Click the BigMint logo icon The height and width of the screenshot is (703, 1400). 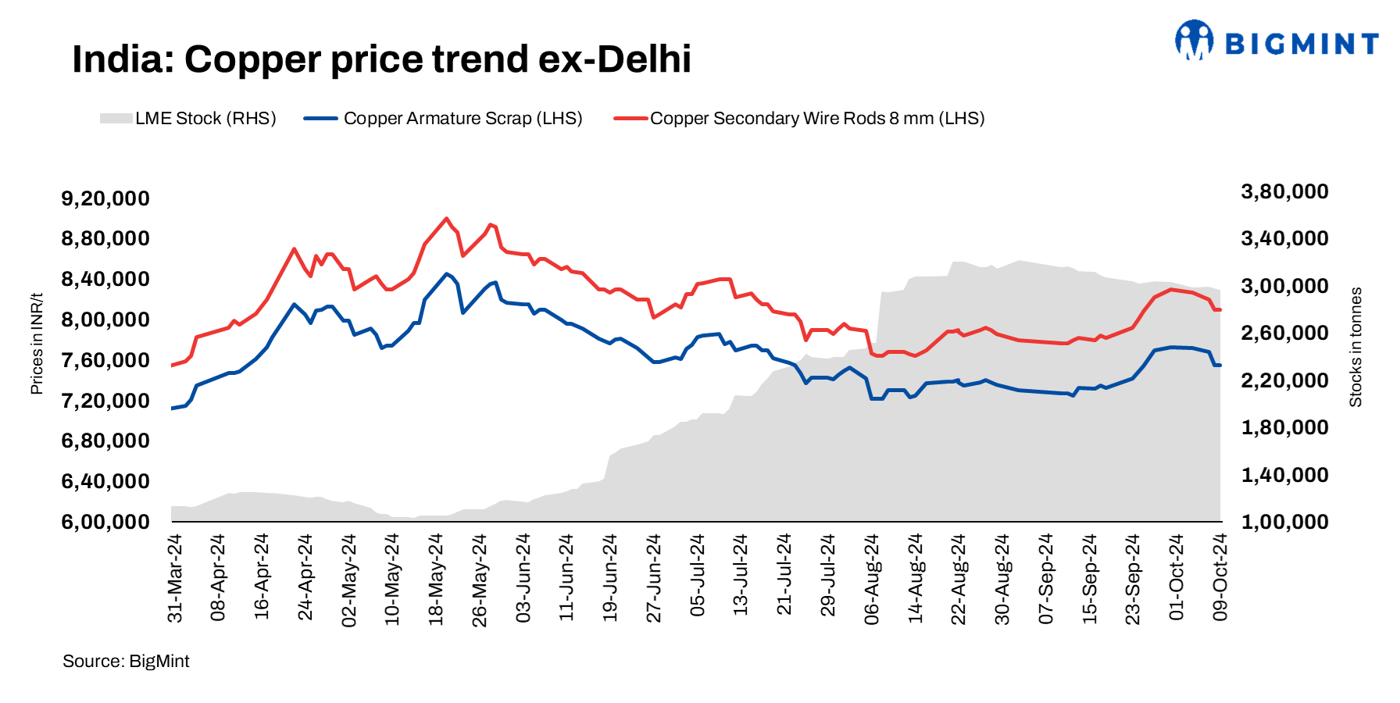pos(1194,41)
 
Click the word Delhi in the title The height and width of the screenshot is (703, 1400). pos(644,59)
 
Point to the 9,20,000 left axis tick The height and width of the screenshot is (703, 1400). pos(105,198)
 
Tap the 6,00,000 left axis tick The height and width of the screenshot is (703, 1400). pos(105,522)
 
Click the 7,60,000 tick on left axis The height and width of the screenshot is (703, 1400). pos(105,360)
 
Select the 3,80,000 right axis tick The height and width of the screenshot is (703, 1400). pos(1284,191)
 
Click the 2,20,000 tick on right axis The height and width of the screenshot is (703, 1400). pos(1284,380)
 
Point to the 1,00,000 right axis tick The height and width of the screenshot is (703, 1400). pos(1284,522)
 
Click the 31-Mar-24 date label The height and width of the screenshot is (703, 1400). pos(175,578)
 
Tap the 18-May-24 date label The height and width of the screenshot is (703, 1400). pos(436,578)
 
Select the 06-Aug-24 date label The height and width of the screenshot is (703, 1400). pos(872,578)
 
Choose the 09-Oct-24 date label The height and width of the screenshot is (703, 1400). pos(1220,578)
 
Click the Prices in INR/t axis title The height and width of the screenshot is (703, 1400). pos(37,344)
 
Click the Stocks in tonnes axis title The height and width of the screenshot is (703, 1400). pos(1355,347)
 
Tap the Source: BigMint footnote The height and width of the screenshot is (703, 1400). pos(126,662)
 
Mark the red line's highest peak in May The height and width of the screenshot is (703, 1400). pos(446,219)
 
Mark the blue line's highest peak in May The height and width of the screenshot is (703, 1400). pos(446,273)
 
